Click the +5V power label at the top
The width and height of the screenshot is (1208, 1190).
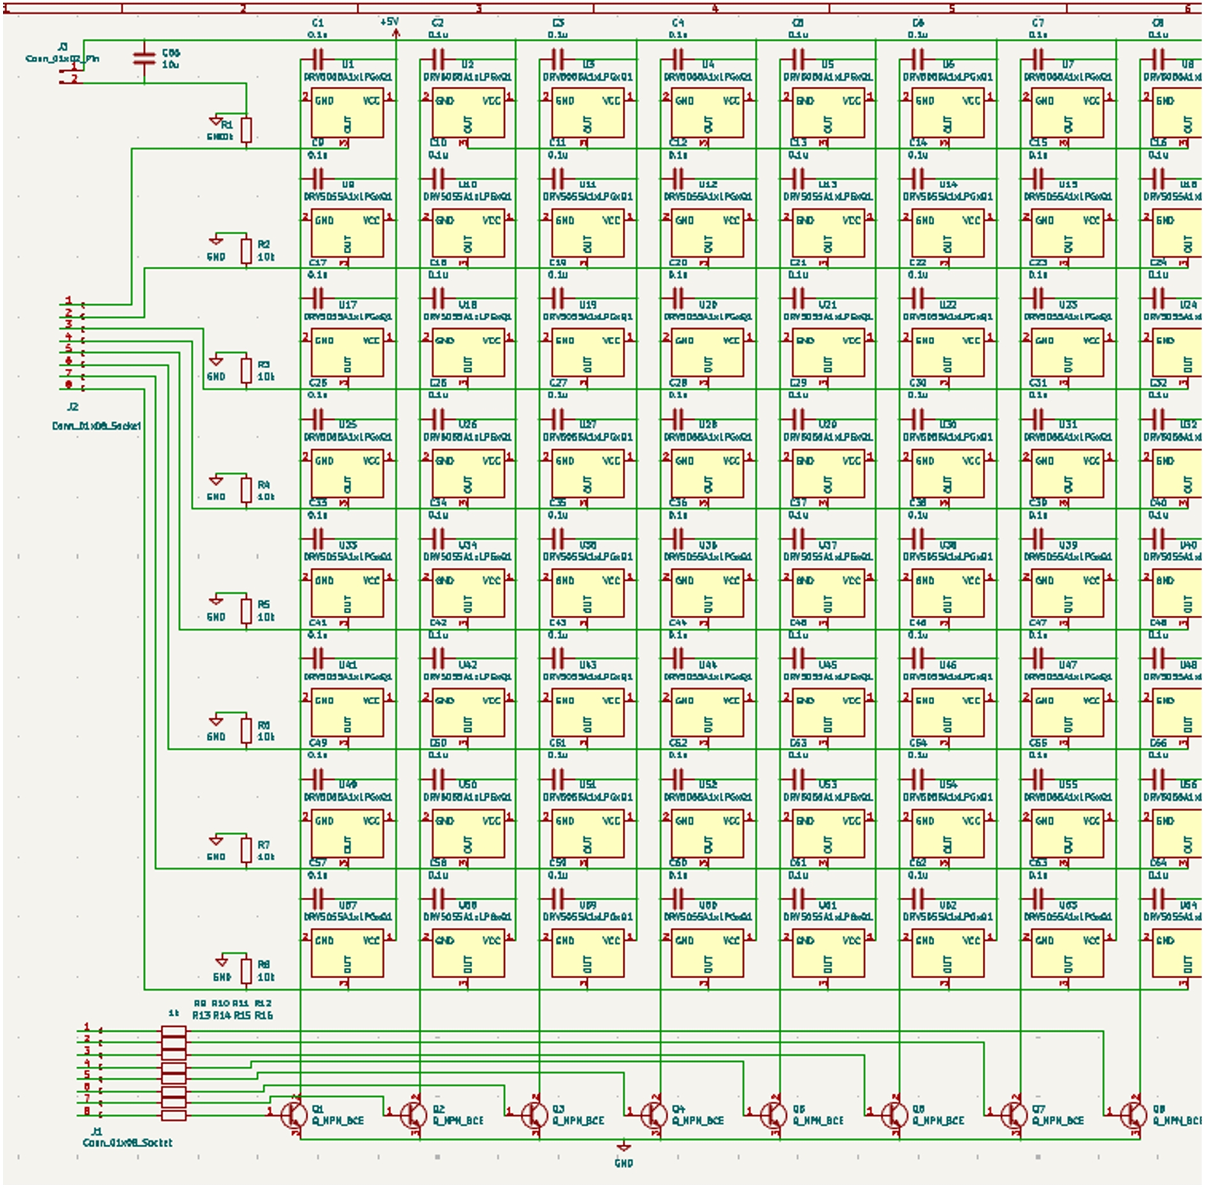tap(389, 22)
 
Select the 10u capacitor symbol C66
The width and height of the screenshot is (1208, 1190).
tap(144, 59)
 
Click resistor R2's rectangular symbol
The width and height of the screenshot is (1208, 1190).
tap(246, 251)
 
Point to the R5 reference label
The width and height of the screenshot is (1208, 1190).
tap(264, 604)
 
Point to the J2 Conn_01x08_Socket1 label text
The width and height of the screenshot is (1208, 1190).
tap(96, 426)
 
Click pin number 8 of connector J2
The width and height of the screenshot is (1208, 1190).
tap(69, 384)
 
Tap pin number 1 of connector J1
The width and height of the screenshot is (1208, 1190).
tap(87, 1027)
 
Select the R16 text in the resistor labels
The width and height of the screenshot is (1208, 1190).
tap(264, 1015)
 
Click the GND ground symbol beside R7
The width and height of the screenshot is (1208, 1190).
tap(216, 841)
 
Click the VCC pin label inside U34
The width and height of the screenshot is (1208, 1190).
tap(491, 581)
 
